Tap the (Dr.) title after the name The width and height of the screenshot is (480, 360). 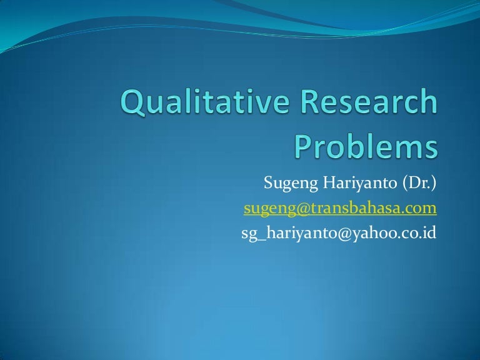click(416, 184)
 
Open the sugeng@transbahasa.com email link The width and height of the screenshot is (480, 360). click(340, 208)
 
